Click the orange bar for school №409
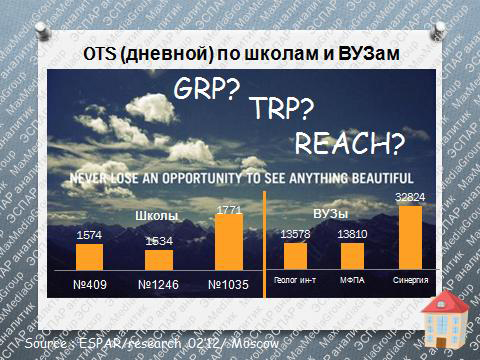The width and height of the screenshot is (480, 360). click(x=89, y=256)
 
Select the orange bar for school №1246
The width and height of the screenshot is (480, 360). click(x=159, y=259)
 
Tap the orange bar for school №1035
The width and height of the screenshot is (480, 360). click(x=229, y=241)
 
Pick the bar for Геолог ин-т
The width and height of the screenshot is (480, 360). click(x=295, y=256)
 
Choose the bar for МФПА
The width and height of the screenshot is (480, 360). click(x=351, y=256)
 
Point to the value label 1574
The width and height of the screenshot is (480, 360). click(x=89, y=236)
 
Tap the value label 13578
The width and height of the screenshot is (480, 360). click(x=295, y=234)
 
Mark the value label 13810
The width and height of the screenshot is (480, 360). click(x=351, y=234)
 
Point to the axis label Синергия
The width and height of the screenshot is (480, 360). click(x=411, y=282)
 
